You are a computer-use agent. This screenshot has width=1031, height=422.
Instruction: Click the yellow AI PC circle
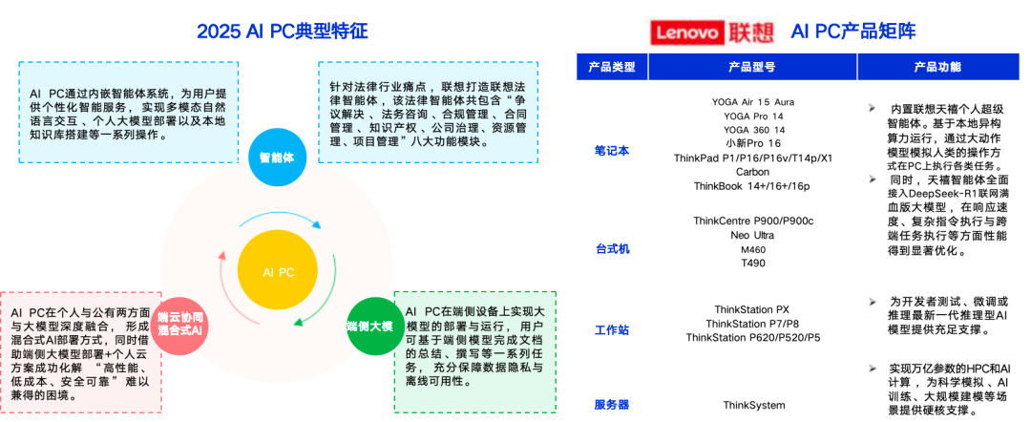point(278,272)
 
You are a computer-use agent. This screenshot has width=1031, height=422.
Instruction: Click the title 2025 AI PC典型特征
point(282,31)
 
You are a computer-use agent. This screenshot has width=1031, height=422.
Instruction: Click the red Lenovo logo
point(685,32)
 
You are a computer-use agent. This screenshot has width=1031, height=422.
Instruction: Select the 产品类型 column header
point(611,67)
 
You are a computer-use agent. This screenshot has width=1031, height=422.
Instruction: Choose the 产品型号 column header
point(751,67)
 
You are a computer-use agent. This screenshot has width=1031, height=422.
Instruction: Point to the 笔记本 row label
point(611,150)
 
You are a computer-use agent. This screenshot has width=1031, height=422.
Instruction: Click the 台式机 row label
point(611,248)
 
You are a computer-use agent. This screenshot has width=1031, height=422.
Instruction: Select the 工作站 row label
point(611,330)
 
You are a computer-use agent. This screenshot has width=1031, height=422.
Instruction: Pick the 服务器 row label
point(611,404)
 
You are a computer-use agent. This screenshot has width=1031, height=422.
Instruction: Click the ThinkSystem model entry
point(753,405)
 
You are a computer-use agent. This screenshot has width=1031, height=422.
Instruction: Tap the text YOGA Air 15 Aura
point(753,101)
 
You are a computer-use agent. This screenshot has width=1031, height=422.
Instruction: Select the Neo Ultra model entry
point(753,234)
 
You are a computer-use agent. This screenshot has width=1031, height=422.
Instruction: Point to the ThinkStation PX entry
point(753,309)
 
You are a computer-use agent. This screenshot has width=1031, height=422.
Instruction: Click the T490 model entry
point(753,263)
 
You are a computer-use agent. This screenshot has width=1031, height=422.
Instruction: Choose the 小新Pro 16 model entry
point(753,143)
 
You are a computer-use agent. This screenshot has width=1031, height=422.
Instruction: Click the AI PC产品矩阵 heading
point(853,32)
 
